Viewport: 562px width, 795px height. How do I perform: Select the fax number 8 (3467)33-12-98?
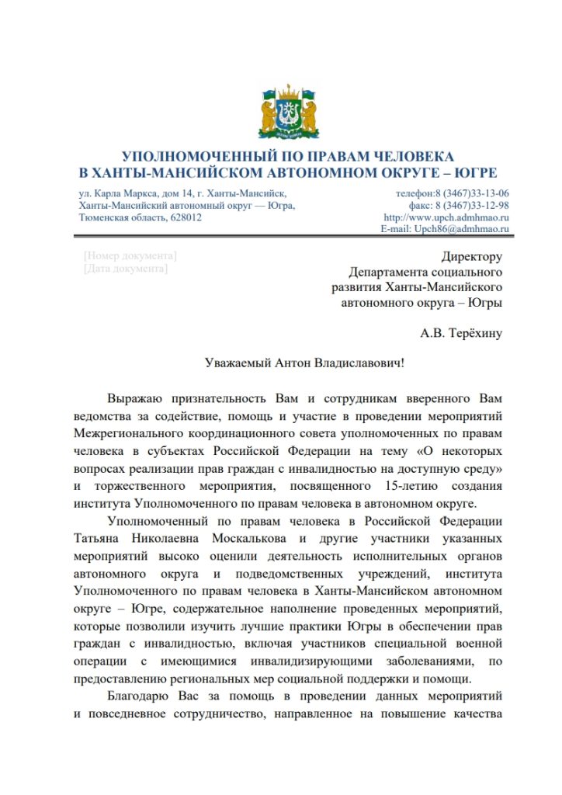click(471, 206)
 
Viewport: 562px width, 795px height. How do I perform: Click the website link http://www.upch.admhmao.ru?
click(446, 217)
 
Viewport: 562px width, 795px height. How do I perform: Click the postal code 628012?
click(185, 217)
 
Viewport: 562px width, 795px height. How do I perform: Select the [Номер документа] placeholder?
click(129, 255)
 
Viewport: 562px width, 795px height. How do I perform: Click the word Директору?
click(471, 257)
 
